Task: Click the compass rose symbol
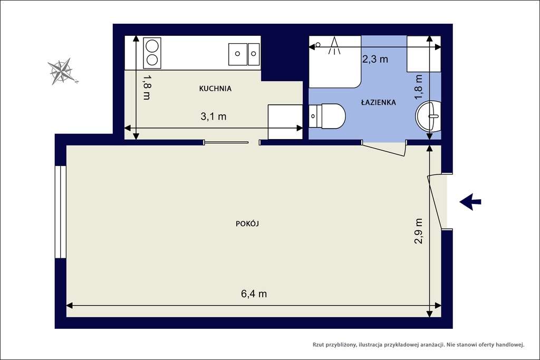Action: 62,71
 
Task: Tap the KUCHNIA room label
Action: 215,89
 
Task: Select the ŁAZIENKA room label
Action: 378,102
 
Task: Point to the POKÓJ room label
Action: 247,223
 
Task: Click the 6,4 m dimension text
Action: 254,294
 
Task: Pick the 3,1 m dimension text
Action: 214,117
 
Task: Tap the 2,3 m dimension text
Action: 375,59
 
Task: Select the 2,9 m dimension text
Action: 419,231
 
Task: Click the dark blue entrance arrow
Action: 470,201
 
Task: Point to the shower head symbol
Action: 334,46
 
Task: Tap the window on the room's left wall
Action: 61,212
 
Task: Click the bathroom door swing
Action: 384,149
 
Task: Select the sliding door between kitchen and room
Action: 226,142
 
